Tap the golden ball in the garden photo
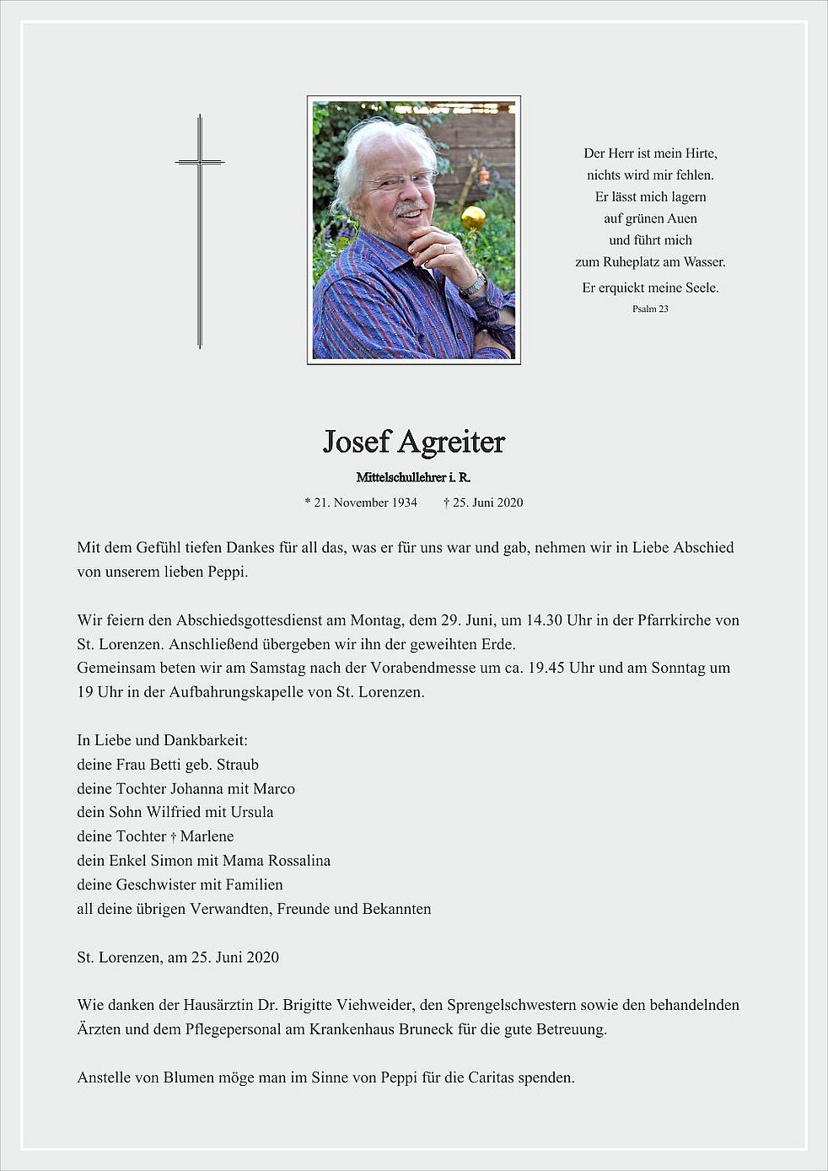point(473,218)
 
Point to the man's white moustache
point(408,207)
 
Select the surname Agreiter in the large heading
point(451,442)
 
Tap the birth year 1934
point(402,502)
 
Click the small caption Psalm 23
point(650,309)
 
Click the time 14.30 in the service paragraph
point(546,620)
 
